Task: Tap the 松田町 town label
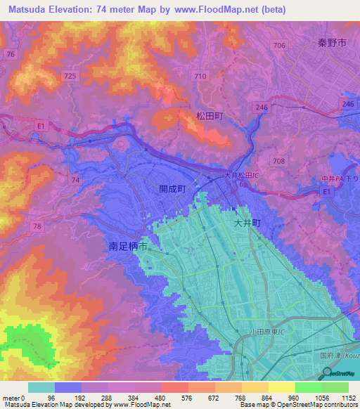pos(209,116)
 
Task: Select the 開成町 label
pos(172,189)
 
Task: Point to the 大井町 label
pos(247,222)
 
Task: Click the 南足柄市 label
pos(128,247)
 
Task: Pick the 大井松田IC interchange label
pos(243,176)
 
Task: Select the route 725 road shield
pos(70,75)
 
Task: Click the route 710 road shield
pos(200,75)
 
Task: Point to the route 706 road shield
pos(279,46)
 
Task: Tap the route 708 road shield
pos(279,161)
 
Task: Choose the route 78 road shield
pos(37,226)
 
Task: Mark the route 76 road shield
pos(10,54)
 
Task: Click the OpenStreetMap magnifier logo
pos(326,374)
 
